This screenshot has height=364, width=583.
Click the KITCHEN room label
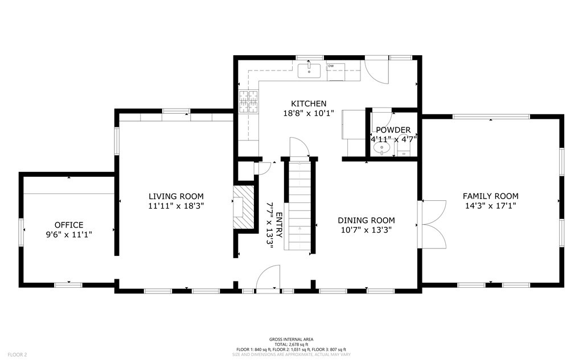309,104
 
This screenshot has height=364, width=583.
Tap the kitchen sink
309,71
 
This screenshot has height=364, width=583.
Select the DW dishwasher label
331,66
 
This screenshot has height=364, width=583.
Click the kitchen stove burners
248,101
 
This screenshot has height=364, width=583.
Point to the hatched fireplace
243,208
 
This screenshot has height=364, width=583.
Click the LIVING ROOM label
176,196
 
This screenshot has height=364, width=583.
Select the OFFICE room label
69,225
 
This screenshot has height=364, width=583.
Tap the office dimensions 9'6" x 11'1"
69,234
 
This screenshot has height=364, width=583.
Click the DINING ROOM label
366,220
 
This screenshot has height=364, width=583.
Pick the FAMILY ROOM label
490,196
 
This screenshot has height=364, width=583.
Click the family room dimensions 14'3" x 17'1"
490,206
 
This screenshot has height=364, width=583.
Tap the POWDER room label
393,130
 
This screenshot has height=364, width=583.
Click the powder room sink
381,148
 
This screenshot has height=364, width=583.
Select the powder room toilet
404,150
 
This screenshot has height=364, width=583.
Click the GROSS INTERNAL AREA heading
291,339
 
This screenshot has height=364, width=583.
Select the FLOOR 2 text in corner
18,355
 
